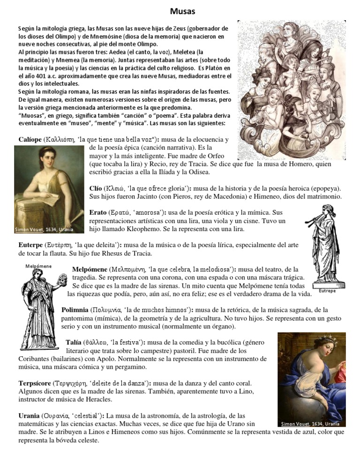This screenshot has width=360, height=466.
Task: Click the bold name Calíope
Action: pyautogui.click(x=30, y=140)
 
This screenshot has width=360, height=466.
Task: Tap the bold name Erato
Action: pyautogui.click(x=97, y=212)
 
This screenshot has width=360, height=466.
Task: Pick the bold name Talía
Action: pyautogui.click(x=74, y=342)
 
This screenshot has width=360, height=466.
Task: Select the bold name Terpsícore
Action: pyautogui.click(x=35, y=383)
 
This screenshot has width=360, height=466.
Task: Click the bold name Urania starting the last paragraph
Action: pyautogui.click(x=29, y=415)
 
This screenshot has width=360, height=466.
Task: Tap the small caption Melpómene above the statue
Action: pyautogui.click(x=38, y=266)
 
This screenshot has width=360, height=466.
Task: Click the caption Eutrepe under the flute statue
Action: pyautogui.click(x=327, y=291)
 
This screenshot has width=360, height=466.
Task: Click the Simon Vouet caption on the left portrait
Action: pyautogui.click(x=45, y=229)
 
